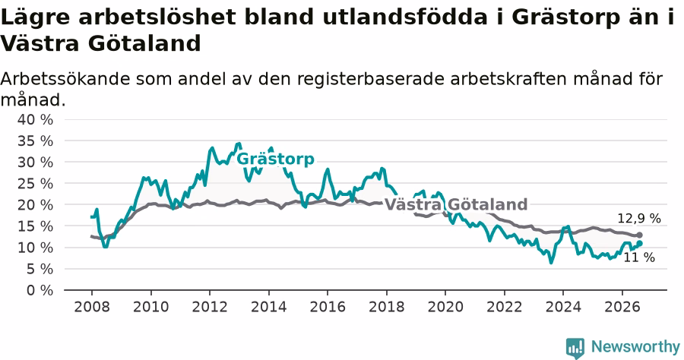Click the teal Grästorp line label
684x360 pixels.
tap(275, 159)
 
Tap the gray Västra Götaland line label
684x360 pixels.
tap(456, 204)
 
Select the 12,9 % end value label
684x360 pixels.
tap(639, 218)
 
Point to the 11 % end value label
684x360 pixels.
tap(639, 257)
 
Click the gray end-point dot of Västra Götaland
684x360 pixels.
tap(639, 235)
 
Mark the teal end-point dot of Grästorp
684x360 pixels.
tap(639, 243)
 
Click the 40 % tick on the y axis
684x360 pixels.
tap(35, 119)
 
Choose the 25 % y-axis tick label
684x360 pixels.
tap(35, 184)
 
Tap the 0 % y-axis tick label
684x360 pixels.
tap(40, 290)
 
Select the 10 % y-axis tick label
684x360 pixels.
tap(35, 248)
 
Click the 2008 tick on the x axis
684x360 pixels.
tap(92, 307)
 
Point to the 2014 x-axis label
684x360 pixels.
tap(269, 307)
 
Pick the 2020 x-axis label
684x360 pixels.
tap(445, 307)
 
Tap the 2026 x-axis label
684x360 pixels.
tap(622, 307)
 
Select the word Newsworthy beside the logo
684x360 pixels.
tap(635, 347)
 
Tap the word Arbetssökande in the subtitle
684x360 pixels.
tap(65, 79)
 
